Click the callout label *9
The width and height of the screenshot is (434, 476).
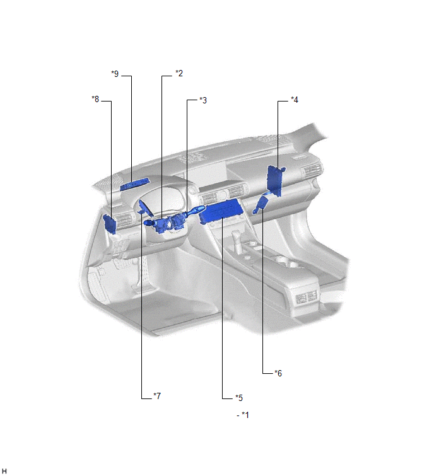115,74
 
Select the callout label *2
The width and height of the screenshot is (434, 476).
179,73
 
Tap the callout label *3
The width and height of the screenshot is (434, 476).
203,100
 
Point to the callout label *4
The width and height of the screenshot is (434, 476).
295,100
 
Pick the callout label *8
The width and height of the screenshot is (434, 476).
95,99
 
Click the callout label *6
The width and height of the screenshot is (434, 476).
278,373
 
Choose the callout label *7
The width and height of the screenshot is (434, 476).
157,396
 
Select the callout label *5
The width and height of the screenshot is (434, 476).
239,398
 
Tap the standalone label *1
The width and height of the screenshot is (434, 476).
245,415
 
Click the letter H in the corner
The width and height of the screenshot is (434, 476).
4,471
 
